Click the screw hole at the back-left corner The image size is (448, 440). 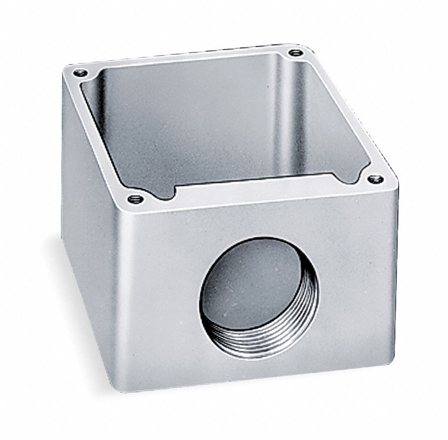(x=80, y=73)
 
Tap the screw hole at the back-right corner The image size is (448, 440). (x=295, y=53)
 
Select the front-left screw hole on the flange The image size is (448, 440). (x=134, y=199)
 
